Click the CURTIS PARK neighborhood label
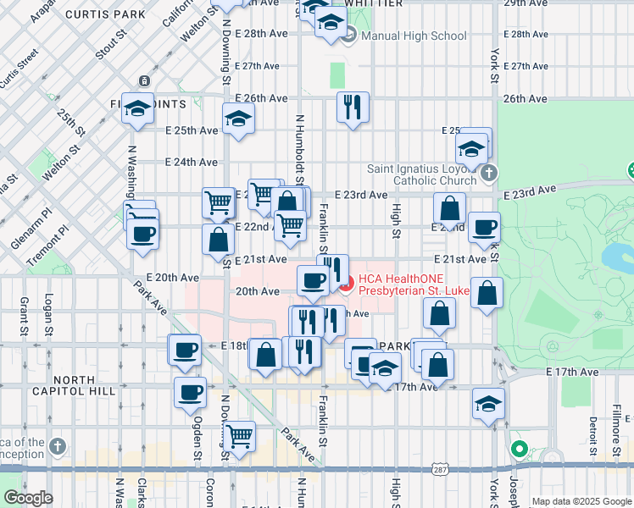tap(105, 14)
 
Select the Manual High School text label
tap(414, 36)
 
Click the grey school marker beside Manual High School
tap(349, 35)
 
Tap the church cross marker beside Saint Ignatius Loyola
tap(488, 174)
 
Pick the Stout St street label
tap(111, 44)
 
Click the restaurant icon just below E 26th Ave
tap(352, 108)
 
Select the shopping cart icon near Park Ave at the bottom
tap(240, 437)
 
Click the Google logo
tap(27, 498)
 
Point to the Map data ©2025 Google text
tap(581, 501)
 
